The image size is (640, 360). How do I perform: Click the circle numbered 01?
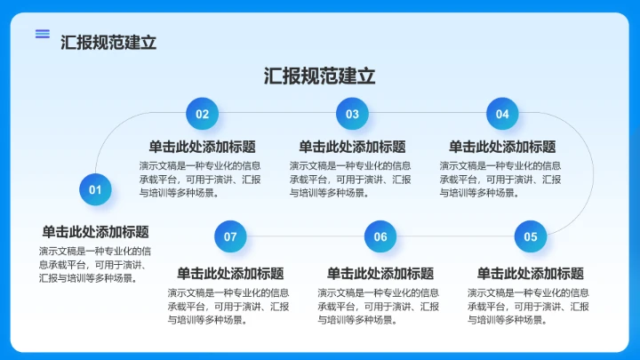click(95, 189)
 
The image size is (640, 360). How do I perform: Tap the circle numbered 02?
click(202, 114)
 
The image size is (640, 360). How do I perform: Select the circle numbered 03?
click(352, 114)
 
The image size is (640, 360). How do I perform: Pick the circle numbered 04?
click(502, 114)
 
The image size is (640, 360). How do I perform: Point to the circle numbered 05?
click(531, 236)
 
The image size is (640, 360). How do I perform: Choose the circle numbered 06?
click(380, 236)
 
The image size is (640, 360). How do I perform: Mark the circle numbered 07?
click(230, 236)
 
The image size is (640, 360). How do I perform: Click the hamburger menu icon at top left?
click(43, 34)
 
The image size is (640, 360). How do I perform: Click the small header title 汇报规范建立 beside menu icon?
click(108, 42)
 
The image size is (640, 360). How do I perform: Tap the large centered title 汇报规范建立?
click(320, 76)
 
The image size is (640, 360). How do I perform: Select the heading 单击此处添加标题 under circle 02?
click(202, 147)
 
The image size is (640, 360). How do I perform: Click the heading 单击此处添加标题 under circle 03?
click(352, 147)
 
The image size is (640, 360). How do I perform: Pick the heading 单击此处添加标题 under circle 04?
click(502, 147)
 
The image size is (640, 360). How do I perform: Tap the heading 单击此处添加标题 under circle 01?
click(95, 232)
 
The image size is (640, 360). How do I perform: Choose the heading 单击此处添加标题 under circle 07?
click(230, 273)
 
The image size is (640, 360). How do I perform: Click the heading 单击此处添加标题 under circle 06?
click(380, 273)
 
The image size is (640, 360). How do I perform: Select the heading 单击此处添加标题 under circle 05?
click(531, 273)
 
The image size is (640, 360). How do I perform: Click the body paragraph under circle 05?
click(529, 306)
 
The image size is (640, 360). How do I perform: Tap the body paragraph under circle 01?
click(95, 264)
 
